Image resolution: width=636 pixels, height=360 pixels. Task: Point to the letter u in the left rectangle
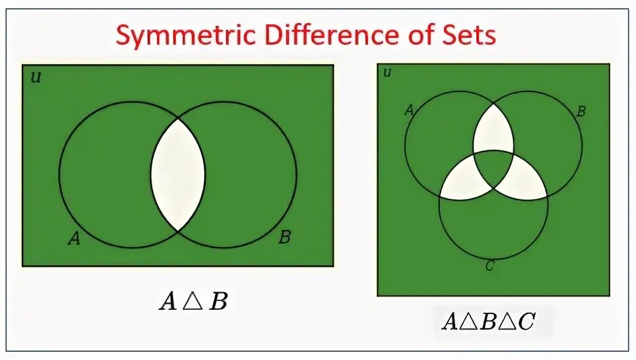(36, 77)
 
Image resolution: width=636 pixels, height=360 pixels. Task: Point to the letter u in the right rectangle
(387, 72)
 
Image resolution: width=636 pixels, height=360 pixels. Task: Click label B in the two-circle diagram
(285, 237)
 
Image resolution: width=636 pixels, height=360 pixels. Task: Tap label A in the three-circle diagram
(409, 110)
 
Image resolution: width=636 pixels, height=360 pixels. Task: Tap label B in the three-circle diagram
(580, 112)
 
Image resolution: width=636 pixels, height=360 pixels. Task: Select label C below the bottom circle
(490, 265)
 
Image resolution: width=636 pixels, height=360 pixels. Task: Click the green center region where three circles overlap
(493, 166)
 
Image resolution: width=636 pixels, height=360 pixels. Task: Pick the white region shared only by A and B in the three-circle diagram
(493, 131)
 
